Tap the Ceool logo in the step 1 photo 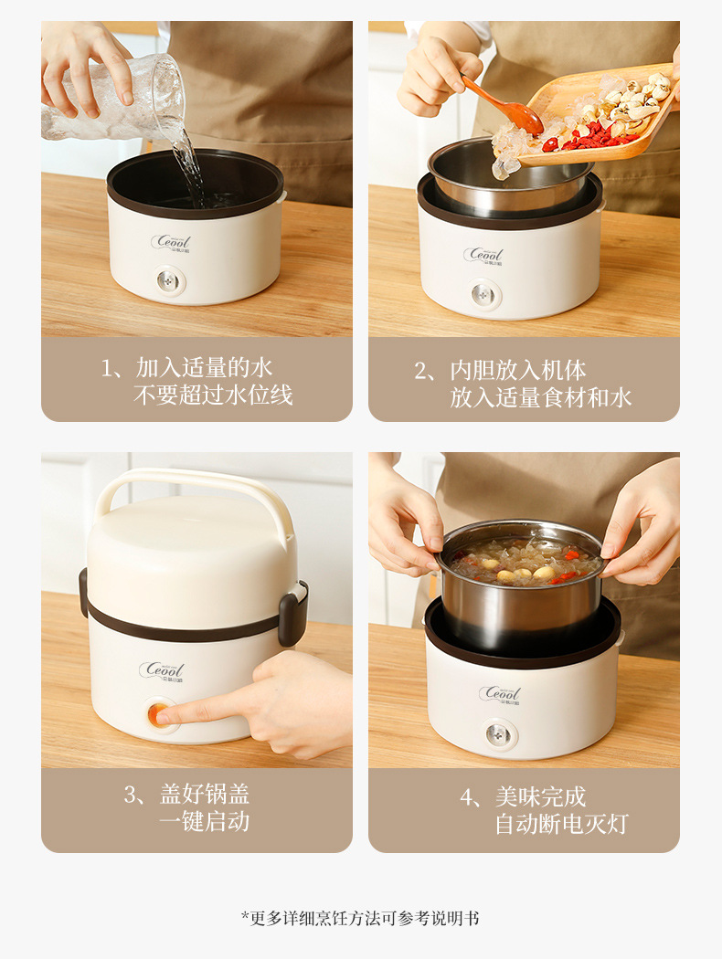(x=171, y=243)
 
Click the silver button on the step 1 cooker (x=169, y=279)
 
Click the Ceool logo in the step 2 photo (x=483, y=255)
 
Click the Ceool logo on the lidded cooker (x=162, y=671)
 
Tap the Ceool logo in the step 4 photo (x=500, y=694)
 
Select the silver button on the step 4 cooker (x=498, y=733)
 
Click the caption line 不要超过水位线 (x=213, y=396)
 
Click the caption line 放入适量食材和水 (x=540, y=397)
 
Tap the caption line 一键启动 (x=204, y=821)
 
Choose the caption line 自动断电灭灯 (x=561, y=824)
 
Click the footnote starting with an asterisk (x=360, y=918)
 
